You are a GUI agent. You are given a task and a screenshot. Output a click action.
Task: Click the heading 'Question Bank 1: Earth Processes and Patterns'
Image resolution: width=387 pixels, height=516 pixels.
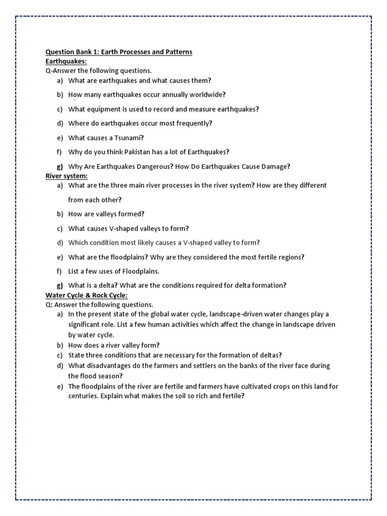pos(119,52)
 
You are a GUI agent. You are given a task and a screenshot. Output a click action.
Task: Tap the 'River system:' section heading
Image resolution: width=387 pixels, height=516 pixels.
pos(67,176)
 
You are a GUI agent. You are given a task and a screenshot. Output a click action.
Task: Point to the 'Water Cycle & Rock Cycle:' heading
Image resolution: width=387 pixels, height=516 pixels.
pos(86,295)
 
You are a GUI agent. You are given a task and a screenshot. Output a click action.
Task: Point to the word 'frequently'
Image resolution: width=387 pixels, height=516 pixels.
pos(194,123)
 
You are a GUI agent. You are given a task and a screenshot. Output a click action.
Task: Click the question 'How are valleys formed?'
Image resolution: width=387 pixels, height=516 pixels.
pos(106,214)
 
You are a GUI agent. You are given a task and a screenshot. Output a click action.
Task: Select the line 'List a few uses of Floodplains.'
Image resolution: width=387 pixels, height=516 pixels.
pos(113,272)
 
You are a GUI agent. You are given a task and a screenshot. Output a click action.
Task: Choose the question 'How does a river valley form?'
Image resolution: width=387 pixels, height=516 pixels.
pos(114,345)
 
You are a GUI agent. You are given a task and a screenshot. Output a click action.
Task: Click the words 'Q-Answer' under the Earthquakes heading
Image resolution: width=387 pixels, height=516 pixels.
pos(60,71)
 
